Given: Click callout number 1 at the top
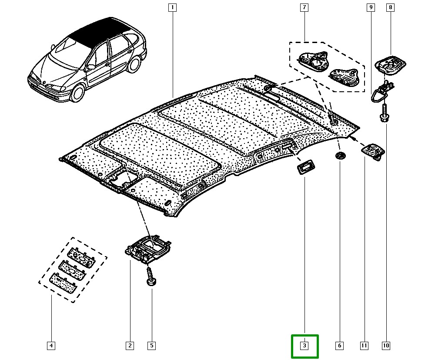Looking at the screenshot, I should click(x=173, y=7).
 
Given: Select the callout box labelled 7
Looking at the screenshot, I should click(x=304, y=7).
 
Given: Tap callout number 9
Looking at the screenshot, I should click(x=371, y=7).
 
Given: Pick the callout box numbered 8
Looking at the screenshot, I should click(x=390, y=7).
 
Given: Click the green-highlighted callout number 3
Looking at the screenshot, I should click(x=304, y=346).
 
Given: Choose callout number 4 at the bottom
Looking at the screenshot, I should click(x=51, y=346).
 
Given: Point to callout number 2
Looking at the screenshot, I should click(x=130, y=346).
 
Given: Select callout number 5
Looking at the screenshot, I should click(x=151, y=346).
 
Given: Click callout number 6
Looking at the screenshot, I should click(x=339, y=346).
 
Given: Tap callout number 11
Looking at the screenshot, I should click(x=364, y=346).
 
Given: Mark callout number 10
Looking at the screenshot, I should click(x=386, y=346).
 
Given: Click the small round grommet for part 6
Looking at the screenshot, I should click(x=340, y=155).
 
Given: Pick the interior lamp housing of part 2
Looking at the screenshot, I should click(x=148, y=248).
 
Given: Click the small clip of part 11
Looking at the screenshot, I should click(x=373, y=151).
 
